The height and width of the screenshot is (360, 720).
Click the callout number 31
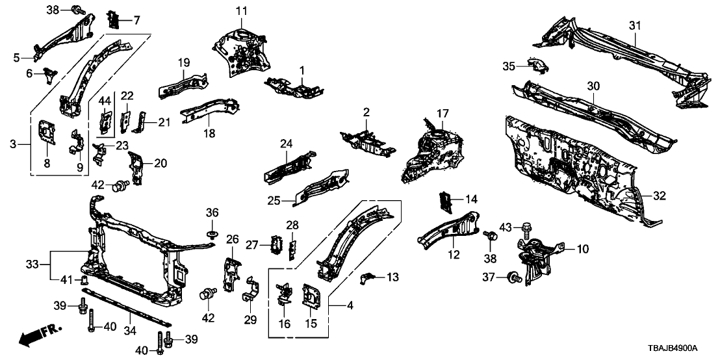coord(635,25)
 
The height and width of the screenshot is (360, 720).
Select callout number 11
coord(242,10)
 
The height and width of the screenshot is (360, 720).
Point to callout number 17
coord(443,114)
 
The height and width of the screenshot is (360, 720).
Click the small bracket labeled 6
coord(49,75)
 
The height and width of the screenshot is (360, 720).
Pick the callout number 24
coord(287,144)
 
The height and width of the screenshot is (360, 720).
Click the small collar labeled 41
coord(83,281)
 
